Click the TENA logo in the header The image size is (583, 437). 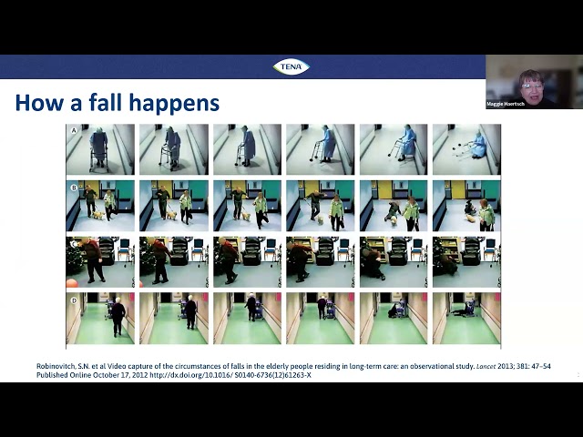coord(291,66)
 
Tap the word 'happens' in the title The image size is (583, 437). coord(186,103)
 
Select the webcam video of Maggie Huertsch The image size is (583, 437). coord(534,81)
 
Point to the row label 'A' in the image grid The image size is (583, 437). coord(72,130)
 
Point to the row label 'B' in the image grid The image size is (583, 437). coord(72,187)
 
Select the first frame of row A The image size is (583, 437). coord(100,149)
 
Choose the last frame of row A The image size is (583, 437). coord(465,149)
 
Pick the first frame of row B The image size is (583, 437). coord(100,206)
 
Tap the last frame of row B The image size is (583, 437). coord(465,206)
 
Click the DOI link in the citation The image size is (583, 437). coord(232,375)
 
